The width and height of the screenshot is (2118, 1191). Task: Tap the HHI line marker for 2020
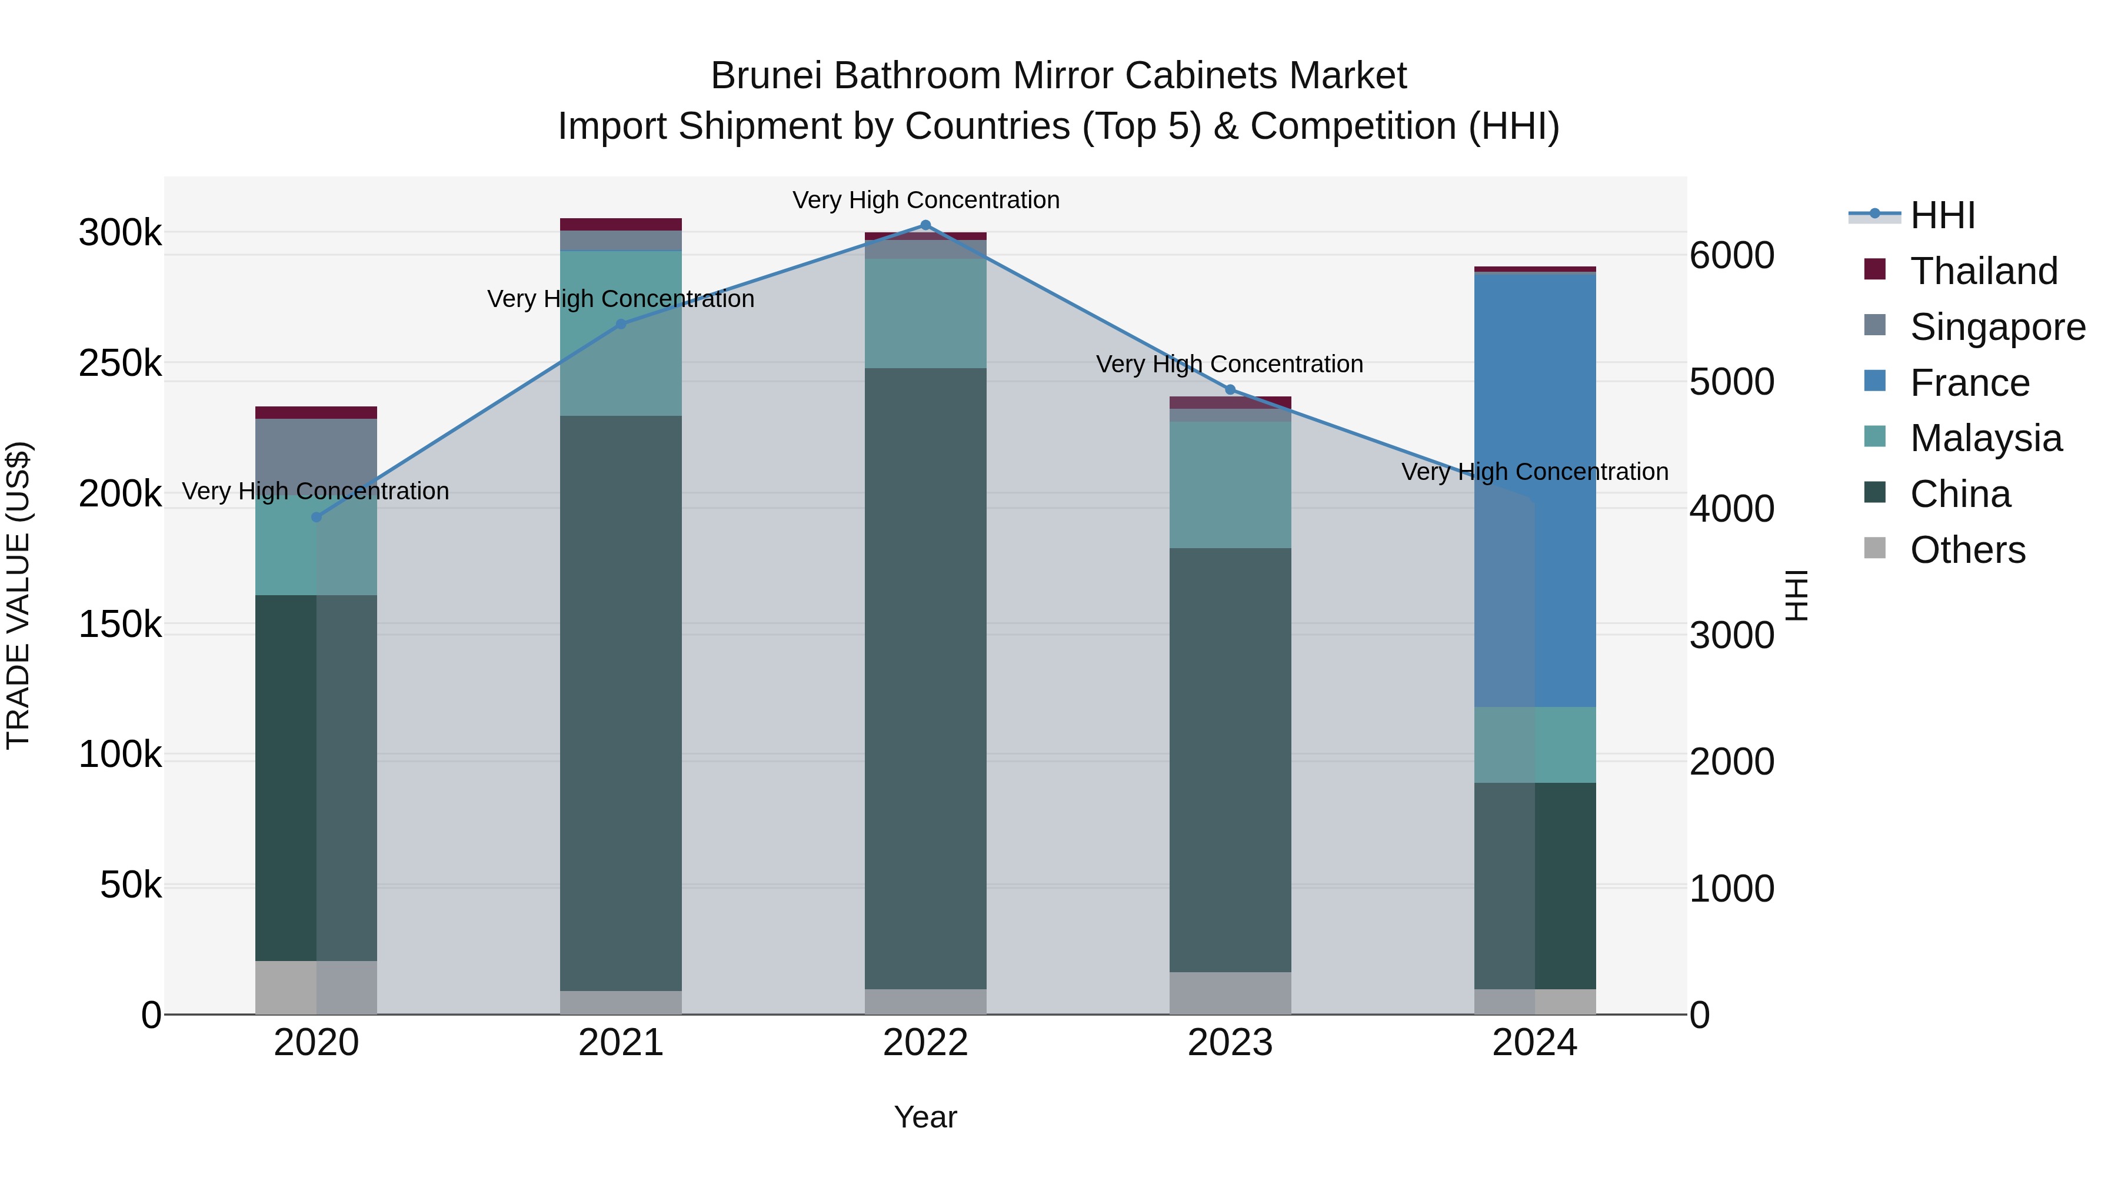pyautogui.click(x=317, y=517)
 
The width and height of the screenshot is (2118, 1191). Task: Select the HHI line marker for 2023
pyautogui.click(x=1230, y=389)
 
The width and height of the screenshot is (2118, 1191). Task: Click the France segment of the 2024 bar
pyautogui.click(x=1535, y=490)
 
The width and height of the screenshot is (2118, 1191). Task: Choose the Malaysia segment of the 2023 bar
pyautogui.click(x=1230, y=485)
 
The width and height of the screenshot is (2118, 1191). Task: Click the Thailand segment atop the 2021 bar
pyautogui.click(x=621, y=225)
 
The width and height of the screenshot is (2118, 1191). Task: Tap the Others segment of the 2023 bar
pyautogui.click(x=1230, y=993)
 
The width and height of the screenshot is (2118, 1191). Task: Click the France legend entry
pyautogui.click(x=1969, y=383)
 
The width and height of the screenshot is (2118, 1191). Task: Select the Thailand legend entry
pyautogui.click(x=1983, y=271)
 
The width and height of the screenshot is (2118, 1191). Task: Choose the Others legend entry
pyautogui.click(x=1967, y=550)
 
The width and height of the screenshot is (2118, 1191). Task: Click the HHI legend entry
pyautogui.click(x=1942, y=215)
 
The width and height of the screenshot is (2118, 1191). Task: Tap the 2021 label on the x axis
pyautogui.click(x=621, y=1043)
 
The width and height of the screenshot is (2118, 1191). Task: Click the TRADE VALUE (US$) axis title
pyautogui.click(x=18, y=595)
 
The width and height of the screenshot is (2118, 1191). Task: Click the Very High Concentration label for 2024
pyautogui.click(x=1535, y=472)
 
